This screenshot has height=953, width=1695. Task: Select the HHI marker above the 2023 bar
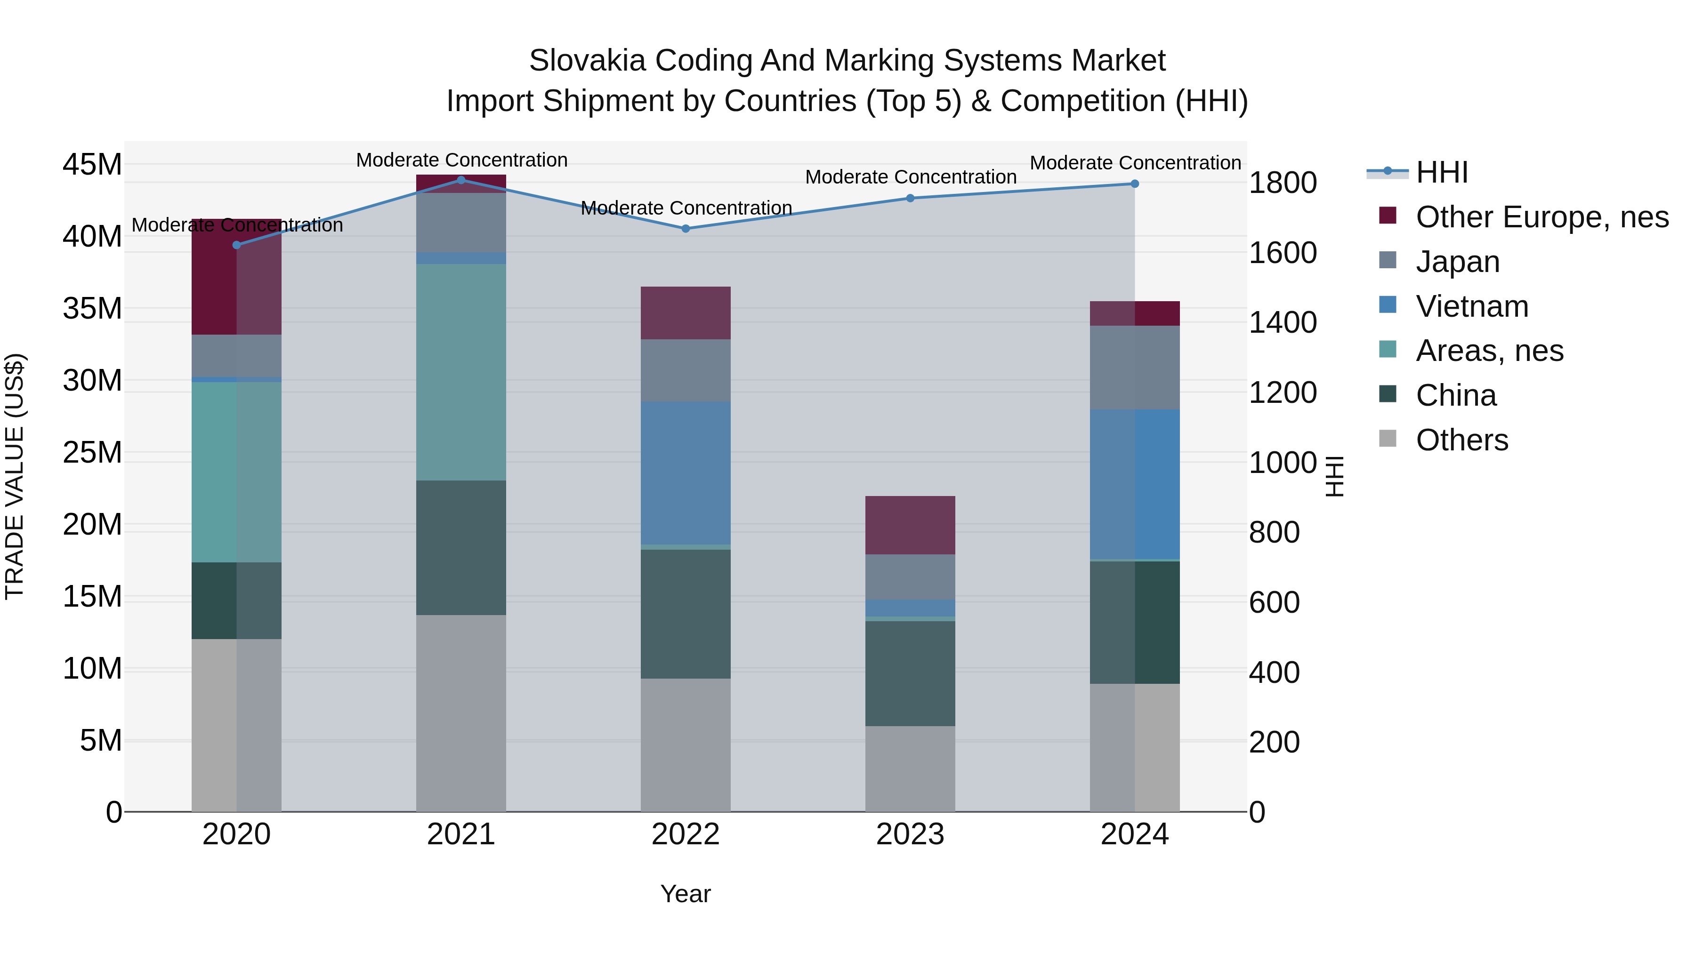(910, 198)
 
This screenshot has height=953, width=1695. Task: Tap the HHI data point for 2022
(686, 229)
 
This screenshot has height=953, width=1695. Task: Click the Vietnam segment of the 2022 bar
(686, 473)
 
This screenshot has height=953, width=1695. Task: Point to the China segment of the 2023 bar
(910, 673)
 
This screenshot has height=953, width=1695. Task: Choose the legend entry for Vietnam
(1472, 306)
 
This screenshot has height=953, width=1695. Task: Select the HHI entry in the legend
(1441, 172)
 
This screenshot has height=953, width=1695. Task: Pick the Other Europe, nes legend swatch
(1388, 216)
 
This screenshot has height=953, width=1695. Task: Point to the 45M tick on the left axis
(92, 164)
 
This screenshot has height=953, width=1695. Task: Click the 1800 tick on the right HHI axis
(1283, 183)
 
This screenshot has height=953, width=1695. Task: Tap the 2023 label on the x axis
(910, 834)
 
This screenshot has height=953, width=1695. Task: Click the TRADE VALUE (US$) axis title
(15, 476)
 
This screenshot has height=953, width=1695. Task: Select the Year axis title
(686, 894)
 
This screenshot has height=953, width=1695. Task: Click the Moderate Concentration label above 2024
(1135, 162)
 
